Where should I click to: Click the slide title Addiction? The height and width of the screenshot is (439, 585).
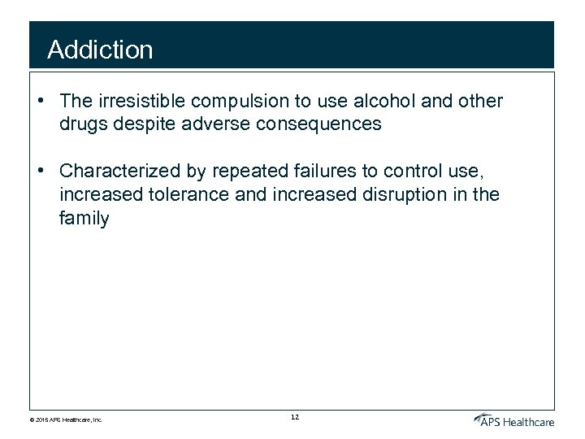point(100,50)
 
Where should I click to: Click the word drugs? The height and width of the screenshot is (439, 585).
point(83,124)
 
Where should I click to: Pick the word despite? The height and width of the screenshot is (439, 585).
point(141,124)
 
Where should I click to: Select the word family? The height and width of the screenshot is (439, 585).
point(84,218)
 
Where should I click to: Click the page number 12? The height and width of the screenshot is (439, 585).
point(294,418)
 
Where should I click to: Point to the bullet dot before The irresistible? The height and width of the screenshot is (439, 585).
point(40,102)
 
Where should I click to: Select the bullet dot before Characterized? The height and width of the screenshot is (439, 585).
point(40,172)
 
